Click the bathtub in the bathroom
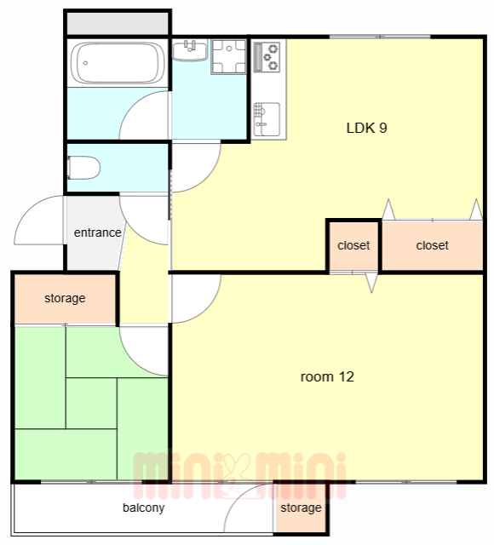tap(118, 63)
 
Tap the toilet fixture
tap(83, 168)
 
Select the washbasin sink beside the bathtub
tap(190, 51)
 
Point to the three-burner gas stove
tap(267, 57)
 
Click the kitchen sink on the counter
tap(267, 119)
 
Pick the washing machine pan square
tap(229, 56)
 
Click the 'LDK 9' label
tap(367, 128)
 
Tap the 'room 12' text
tap(327, 376)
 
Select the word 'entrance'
tap(98, 232)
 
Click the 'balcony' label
tap(144, 508)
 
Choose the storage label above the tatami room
tap(65, 298)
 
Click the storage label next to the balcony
tap(301, 508)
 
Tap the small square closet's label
tap(353, 245)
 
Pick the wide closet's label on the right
tap(432, 245)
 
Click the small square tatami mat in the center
tap(91, 403)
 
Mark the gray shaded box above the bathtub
tap(118, 23)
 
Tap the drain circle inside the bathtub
tap(85, 63)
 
